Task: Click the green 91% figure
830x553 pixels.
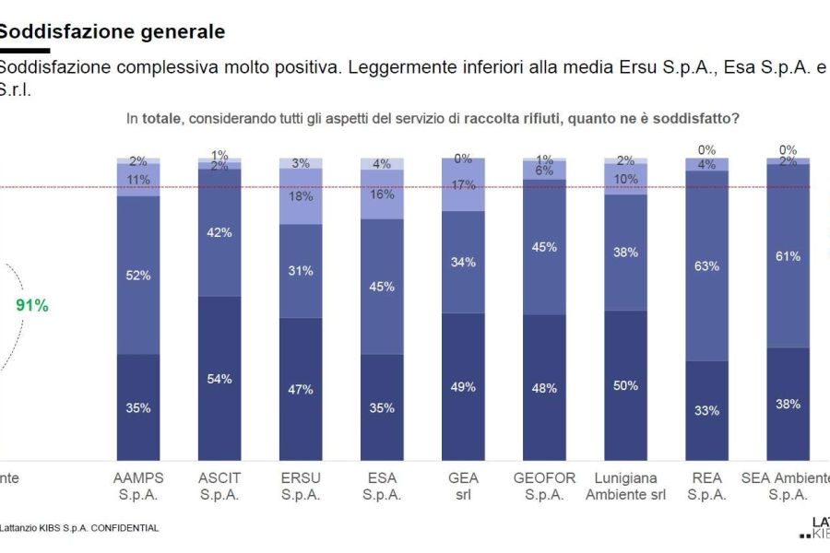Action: (x=32, y=306)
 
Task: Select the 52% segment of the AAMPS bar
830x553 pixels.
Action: (x=138, y=275)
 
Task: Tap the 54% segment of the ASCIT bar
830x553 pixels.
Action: (x=219, y=379)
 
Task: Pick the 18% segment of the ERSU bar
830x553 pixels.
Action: (x=301, y=196)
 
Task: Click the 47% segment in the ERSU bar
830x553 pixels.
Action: (x=301, y=389)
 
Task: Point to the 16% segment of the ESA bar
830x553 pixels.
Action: (x=382, y=194)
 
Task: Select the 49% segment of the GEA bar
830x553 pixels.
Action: (x=463, y=386)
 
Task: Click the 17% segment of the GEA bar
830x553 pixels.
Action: (x=463, y=184)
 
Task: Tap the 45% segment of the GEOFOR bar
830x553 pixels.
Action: (x=544, y=246)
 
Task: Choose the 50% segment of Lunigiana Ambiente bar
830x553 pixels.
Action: (x=625, y=385)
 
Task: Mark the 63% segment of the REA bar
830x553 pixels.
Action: (x=706, y=265)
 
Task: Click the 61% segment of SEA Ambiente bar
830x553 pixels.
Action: (x=788, y=256)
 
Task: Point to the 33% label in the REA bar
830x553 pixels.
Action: (x=706, y=411)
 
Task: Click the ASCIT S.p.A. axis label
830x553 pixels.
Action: (x=219, y=486)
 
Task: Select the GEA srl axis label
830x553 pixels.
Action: (x=463, y=486)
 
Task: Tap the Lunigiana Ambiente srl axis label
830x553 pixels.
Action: (x=625, y=486)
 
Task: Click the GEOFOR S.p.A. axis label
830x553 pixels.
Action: (x=544, y=486)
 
